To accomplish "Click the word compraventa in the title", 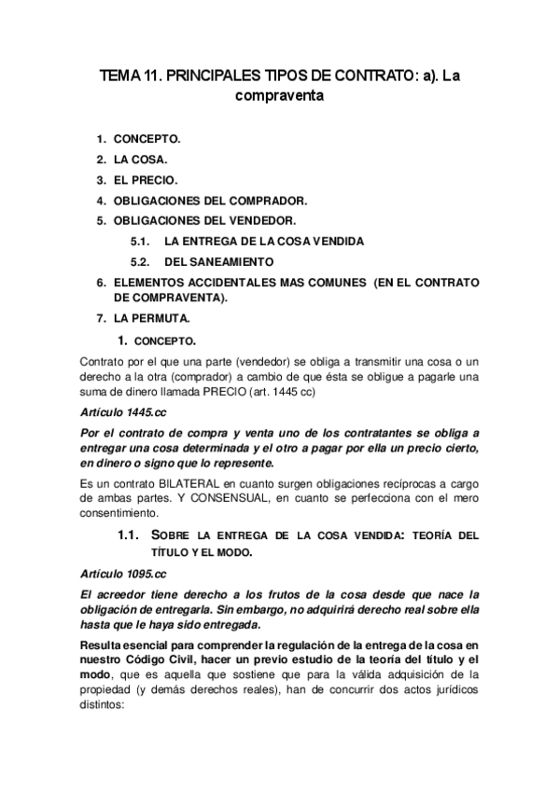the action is click(279, 93).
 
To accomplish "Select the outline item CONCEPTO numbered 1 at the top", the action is click(147, 139).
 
